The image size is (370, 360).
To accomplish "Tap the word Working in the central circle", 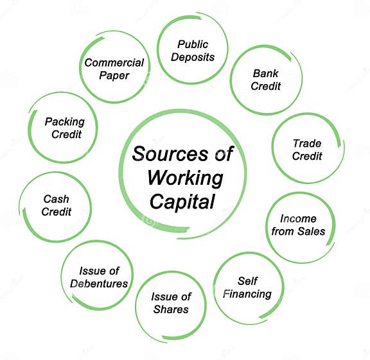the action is pyautogui.click(x=185, y=178).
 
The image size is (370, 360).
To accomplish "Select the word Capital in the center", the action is pyautogui.click(x=182, y=201).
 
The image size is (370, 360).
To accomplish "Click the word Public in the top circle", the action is pyautogui.click(x=193, y=44).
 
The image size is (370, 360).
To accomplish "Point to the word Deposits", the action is pyautogui.click(x=193, y=57).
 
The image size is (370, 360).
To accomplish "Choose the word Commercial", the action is pyautogui.click(x=114, y=63).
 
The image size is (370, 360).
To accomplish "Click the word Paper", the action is pyautogui.click(x=114, y=76).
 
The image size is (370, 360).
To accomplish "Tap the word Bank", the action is pyautogui.click(x=266, y=73).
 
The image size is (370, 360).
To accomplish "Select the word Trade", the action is pyautogui.click(x=307, y=143).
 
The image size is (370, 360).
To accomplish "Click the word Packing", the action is pyautogui.click(x=65, y=122).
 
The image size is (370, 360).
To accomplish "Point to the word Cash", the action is pyautogui.click(x=57, y=199).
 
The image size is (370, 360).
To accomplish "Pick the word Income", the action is pyautogui.click(x=298, y=219).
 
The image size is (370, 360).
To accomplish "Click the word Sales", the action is pyautogui.click(x=312, y=231).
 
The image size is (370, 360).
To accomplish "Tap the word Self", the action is pyautogui.click(x=247, y=281).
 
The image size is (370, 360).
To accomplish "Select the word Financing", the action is pyautogui.click(x=247, y=294).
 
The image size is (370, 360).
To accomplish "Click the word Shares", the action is pyautogui.click(x=171, y=309).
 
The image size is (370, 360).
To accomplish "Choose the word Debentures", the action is pyautogui.click(x=99, y=284).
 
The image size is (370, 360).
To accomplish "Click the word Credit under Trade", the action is pyautogui.click(x=307, y=156).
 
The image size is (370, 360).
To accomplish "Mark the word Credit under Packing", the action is pyautogui.click(x=67, y=135).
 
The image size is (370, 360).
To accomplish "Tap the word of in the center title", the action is pyautogui.click(x=224, y=154).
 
